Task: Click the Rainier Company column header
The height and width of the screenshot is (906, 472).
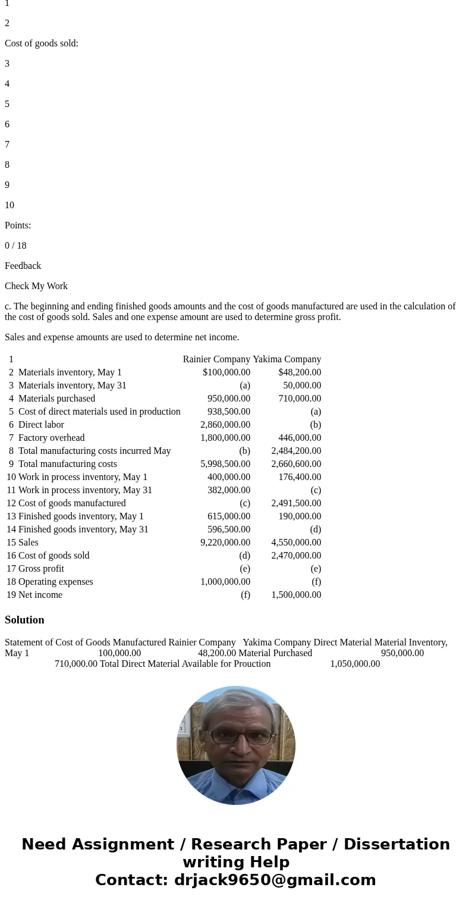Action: (216, 359)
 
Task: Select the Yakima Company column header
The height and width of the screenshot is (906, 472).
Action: (287, 359)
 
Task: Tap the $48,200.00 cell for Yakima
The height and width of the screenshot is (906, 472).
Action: (300, 372)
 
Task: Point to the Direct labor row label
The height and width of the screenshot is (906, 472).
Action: (41, 425)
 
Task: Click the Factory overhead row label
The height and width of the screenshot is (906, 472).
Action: (51, 438)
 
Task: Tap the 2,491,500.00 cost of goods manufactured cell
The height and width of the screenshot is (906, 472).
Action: (296, 503)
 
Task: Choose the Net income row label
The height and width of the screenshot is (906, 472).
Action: (40, 595)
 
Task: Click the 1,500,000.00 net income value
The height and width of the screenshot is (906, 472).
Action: (296, 595)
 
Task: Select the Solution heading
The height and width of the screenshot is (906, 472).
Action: (24, 620)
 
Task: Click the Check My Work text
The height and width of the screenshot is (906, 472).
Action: (36, 286)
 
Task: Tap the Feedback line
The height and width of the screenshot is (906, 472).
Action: (23, 266)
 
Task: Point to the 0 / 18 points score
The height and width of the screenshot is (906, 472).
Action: (15, 246)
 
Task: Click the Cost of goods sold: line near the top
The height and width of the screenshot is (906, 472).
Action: (42, 43)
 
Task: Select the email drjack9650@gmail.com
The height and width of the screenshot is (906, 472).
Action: (275, 880)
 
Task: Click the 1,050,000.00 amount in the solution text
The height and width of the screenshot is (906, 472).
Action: (355, 664)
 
